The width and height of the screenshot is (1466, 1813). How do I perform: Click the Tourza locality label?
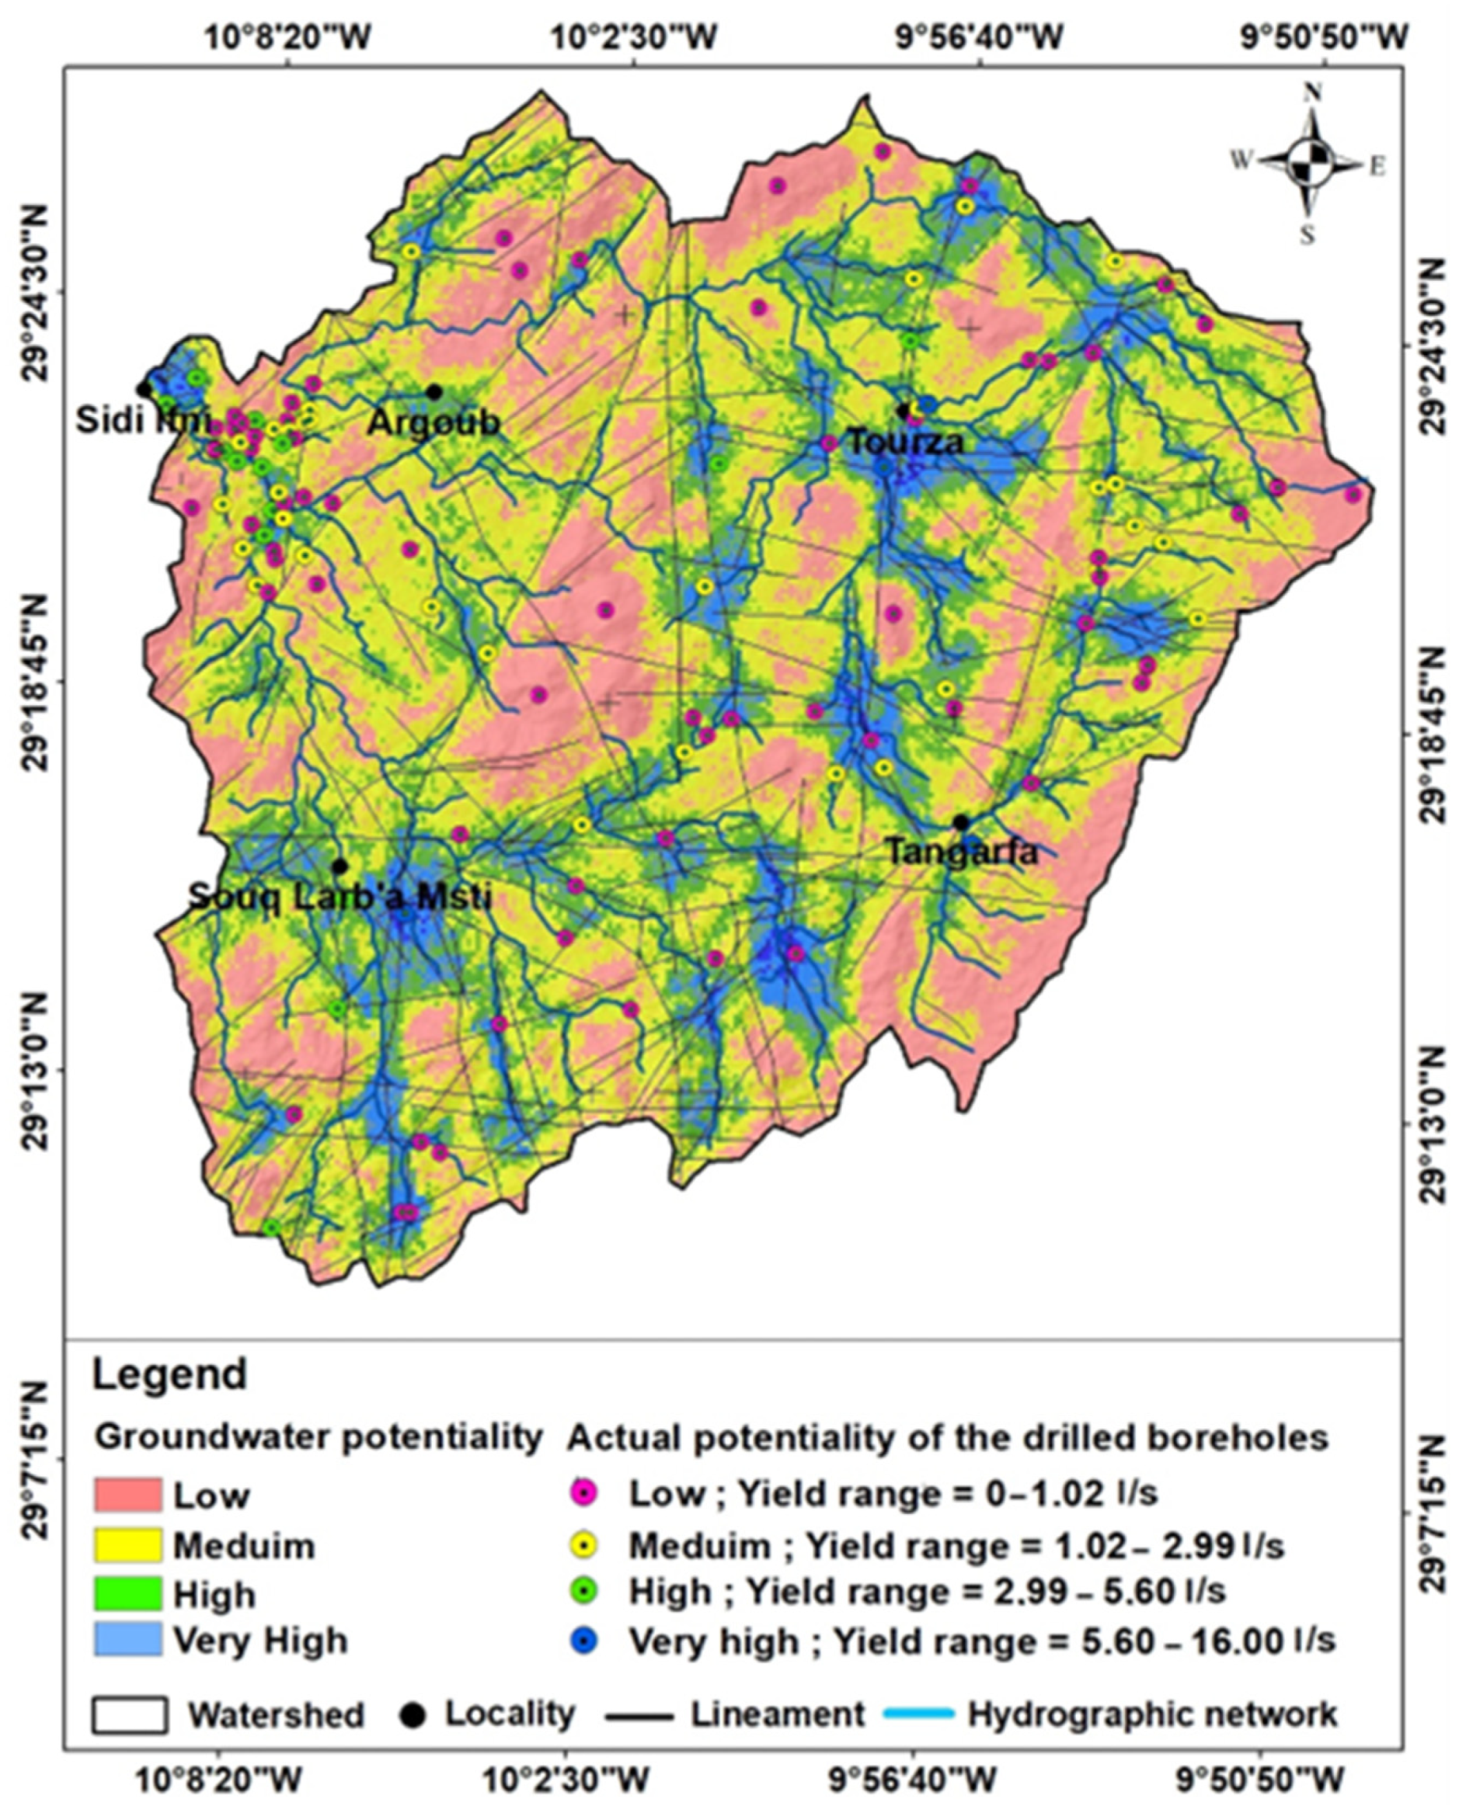[x=904, y=443]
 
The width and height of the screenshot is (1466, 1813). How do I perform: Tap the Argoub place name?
[x=434, y=422]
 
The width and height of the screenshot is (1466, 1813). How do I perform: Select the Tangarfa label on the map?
[x=962, y=852]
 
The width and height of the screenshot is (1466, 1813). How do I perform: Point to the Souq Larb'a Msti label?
[x=340, y=896]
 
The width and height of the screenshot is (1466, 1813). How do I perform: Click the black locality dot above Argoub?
[x=434, y=391]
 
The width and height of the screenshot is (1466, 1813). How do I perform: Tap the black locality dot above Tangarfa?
[x=961, y=822]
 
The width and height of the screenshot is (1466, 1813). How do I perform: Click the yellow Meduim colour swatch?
[x=127, y=1545]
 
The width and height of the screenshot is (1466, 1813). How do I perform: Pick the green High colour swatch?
[x=127, y=1594]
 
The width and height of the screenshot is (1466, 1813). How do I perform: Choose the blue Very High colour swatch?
[x=127, y=1640]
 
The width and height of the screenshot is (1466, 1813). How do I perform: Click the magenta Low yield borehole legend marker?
[x=584, y=1494]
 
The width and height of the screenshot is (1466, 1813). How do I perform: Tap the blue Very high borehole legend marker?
[x=584, y=1641]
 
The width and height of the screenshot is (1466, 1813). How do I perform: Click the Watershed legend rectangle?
[x=129, y=1714]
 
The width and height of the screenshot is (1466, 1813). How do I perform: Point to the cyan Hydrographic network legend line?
[x=918, y=1714]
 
